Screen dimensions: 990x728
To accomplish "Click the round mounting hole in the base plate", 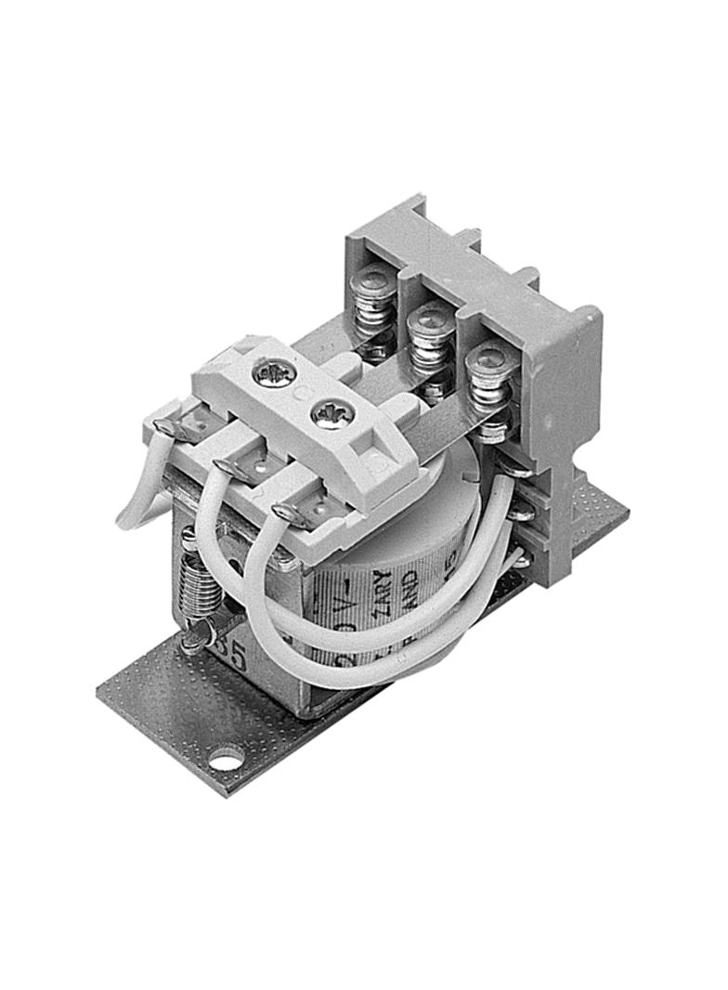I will tap(225, 762).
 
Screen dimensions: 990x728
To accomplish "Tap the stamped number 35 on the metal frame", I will tap(230, 656).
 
